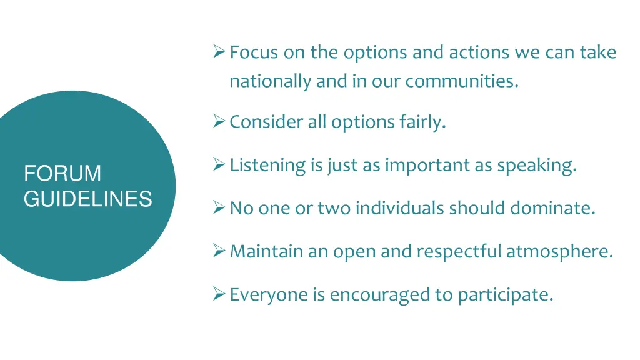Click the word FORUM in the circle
(62, 173)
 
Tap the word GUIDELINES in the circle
(88, 199)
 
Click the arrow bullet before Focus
(219, 51)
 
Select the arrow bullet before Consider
(219, 121)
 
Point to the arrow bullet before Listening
(219, 164)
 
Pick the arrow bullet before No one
(219, 207)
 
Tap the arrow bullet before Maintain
(219, 251)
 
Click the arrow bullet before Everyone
(219, 294)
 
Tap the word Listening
(268, 166)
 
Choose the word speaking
(536, 166)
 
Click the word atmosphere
(559, 251)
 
